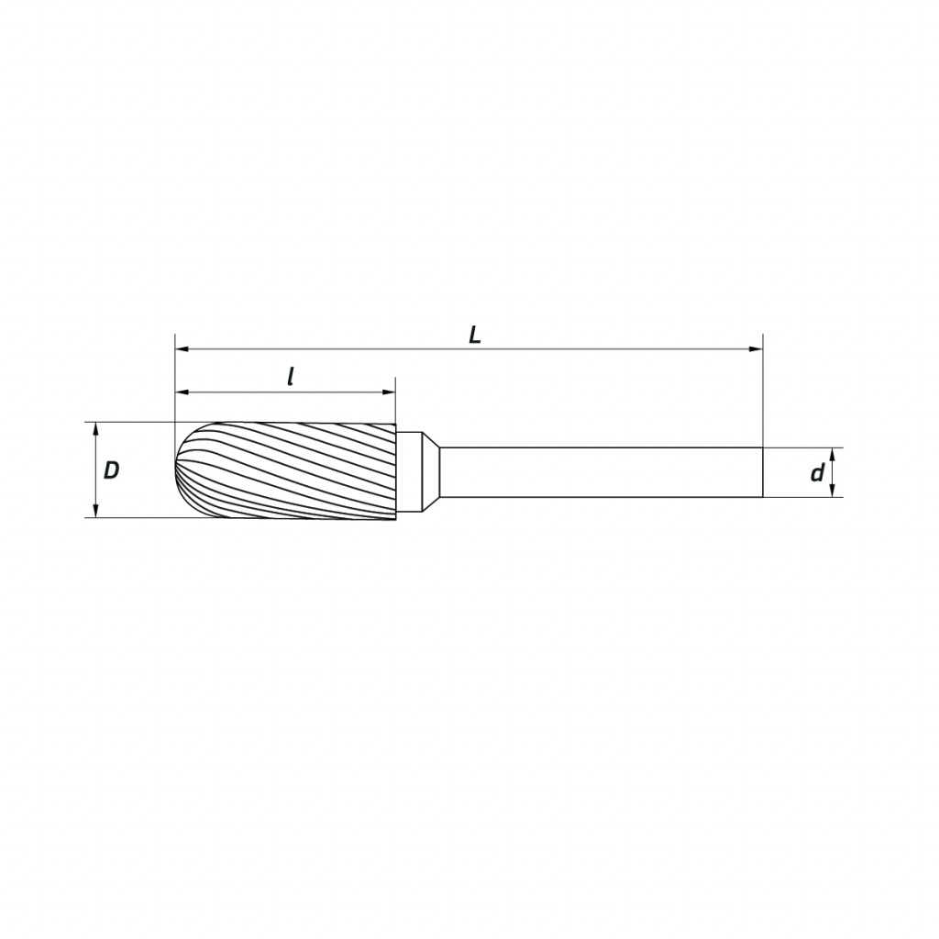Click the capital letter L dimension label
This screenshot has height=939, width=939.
pyautogui.click(x=474, y=336)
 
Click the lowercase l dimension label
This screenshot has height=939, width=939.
pyautogui.click(x=291, y=377)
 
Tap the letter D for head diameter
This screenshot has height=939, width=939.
pyautogui.click(x=111, y=470)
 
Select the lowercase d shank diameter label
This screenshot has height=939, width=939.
pyautogui.click(x=817, y=473)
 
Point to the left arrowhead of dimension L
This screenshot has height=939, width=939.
pyautogui.click(x=182, y=348)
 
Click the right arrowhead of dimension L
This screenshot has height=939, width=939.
pyautogui.click(x=756, y=348)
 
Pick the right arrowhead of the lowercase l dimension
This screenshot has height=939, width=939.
pyautogui.click(x=389, y=392)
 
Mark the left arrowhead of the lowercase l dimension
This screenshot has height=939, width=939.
pyautogui.click(x=182, y=392)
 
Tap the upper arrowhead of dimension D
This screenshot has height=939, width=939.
pyautogui.click(x=95, y=429)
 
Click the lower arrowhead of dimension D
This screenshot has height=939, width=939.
pyautogui.click(x=95, y=510)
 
